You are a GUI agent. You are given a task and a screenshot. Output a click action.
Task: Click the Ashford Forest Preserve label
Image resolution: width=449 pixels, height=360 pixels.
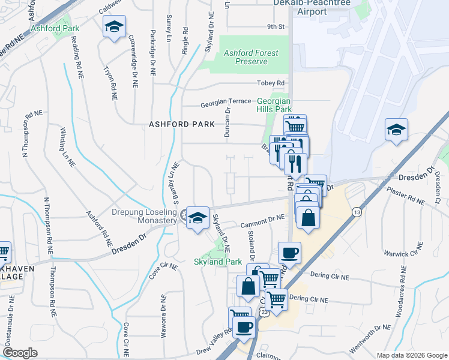(251, 57)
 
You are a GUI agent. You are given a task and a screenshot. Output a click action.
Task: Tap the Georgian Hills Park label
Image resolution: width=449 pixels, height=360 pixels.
(274, 106)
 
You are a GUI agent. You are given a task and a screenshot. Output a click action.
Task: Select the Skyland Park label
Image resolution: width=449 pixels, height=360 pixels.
(217, 262)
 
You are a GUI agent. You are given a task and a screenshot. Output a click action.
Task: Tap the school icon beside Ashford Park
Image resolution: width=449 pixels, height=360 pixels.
(114, 26)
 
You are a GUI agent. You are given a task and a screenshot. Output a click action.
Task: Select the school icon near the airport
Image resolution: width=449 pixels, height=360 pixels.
(396, 129)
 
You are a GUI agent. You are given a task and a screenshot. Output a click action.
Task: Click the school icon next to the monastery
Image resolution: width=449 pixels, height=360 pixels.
(197, 218)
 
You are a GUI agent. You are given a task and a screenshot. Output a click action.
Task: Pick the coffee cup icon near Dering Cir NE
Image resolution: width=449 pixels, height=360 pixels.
(289, 252)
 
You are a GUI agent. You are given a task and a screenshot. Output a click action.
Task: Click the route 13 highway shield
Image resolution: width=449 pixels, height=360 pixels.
(357, 212)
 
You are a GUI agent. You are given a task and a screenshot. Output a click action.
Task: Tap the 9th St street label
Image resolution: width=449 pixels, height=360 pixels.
(276, 27)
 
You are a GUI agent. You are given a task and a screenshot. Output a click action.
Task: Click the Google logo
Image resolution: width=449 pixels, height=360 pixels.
(20, 353)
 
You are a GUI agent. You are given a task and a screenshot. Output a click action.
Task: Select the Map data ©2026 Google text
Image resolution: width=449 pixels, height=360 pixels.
(411, 355)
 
